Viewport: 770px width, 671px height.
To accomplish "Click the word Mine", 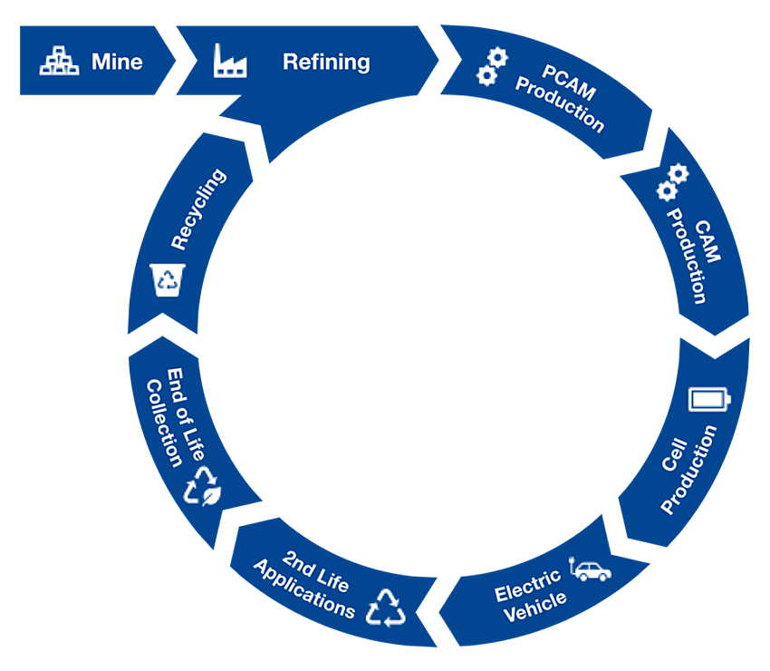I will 117,62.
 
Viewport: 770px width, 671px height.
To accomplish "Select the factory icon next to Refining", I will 229,61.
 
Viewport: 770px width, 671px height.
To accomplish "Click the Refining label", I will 326,62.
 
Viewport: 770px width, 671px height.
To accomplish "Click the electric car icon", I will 589,570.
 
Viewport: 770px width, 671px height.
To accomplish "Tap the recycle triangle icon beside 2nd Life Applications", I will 386,607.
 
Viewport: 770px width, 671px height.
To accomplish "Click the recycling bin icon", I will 168,278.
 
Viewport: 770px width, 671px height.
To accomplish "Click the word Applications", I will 303,595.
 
